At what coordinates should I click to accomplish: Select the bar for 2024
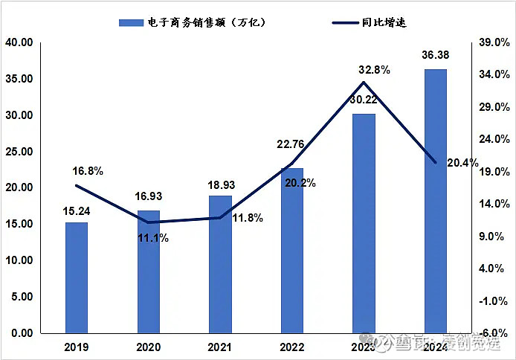click(436, 201)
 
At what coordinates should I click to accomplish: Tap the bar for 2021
click(220, 264)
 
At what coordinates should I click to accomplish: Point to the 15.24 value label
click(76, 210)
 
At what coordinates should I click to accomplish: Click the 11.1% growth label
click(153, 238)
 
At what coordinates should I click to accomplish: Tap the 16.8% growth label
click(88, 171)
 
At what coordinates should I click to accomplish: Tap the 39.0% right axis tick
click(494, 43)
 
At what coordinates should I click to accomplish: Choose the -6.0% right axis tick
click(494, 333)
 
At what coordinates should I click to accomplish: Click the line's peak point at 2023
click(364, 82)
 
